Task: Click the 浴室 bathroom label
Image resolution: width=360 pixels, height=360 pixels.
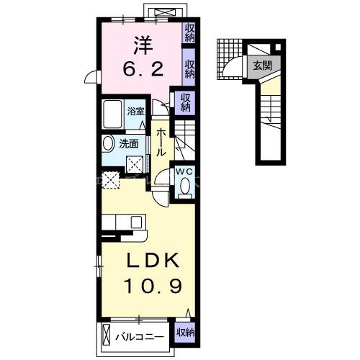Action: point(136,112)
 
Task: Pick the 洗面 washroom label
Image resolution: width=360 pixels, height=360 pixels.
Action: point(129,144)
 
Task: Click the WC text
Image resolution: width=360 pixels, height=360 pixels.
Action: point(183,171)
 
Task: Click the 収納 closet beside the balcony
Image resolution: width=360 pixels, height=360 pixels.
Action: point(185,333)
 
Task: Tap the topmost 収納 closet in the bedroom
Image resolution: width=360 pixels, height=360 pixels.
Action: point(190,33)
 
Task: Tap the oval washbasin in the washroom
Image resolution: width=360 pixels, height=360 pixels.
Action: point(108,143)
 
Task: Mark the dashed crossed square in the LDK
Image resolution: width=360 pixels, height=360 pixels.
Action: point(110,181)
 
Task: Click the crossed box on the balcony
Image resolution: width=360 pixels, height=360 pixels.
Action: point(107,335)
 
